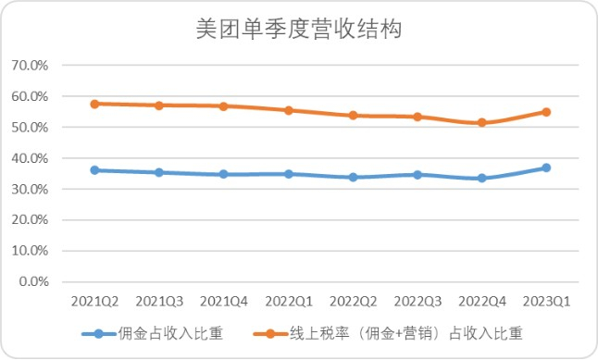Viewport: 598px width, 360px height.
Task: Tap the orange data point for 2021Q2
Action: (94, 104)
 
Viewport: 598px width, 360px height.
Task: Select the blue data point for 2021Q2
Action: (94, 170)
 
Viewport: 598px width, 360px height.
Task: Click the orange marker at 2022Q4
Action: (481, 122)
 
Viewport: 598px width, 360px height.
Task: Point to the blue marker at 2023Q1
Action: (546, 168)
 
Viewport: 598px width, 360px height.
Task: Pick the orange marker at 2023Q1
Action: (546, 112)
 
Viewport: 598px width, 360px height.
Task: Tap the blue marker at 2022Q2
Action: (353, 177)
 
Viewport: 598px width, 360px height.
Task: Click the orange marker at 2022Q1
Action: (288, 110)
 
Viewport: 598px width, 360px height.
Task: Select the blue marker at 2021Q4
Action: (223, 174)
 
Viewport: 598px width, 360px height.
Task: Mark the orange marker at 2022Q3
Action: (417, 117)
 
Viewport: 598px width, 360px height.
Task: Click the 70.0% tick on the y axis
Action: (29, 66)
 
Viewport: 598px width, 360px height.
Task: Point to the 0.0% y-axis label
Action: (32, 281)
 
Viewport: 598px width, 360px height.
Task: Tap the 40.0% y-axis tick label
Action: (29, 158)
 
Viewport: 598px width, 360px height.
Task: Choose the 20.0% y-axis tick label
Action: (29, 220)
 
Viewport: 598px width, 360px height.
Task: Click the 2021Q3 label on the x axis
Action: (158, 302)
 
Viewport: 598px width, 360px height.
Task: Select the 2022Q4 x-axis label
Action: (481, 302)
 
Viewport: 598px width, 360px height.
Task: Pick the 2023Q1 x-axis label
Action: (546, 302)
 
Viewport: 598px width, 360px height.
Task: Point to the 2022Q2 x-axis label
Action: (353, 302)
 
